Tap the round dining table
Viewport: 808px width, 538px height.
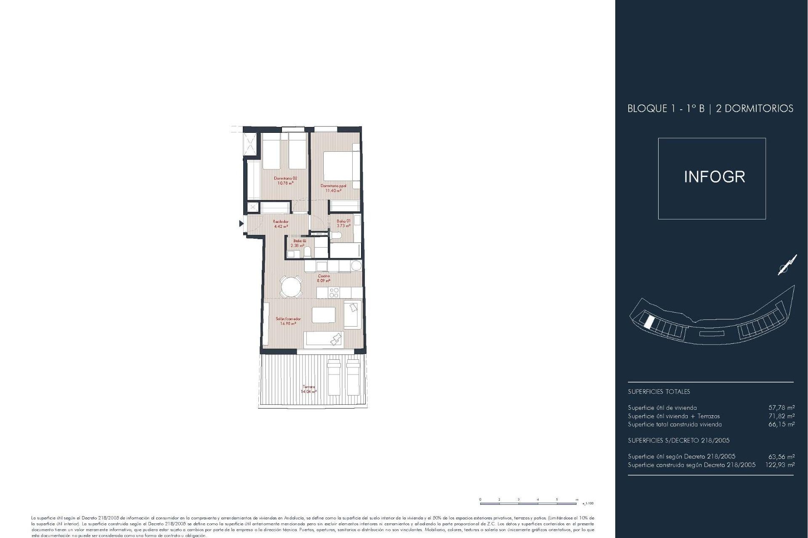[x=291, y=287]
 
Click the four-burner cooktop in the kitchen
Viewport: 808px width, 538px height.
[x=334, y=293]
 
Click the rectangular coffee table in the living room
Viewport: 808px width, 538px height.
[x=324, y=314]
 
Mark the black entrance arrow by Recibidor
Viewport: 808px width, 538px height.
[x=241, y=224]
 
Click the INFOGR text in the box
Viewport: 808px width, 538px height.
[x=714, y=177]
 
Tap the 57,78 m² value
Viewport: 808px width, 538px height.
[x=781, y=408]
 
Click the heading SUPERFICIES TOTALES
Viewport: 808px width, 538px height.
[x=659, y=392]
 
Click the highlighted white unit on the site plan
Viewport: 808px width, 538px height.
[x=649, y=322]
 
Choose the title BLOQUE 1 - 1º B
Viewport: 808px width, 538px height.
[x=666, y=108]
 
